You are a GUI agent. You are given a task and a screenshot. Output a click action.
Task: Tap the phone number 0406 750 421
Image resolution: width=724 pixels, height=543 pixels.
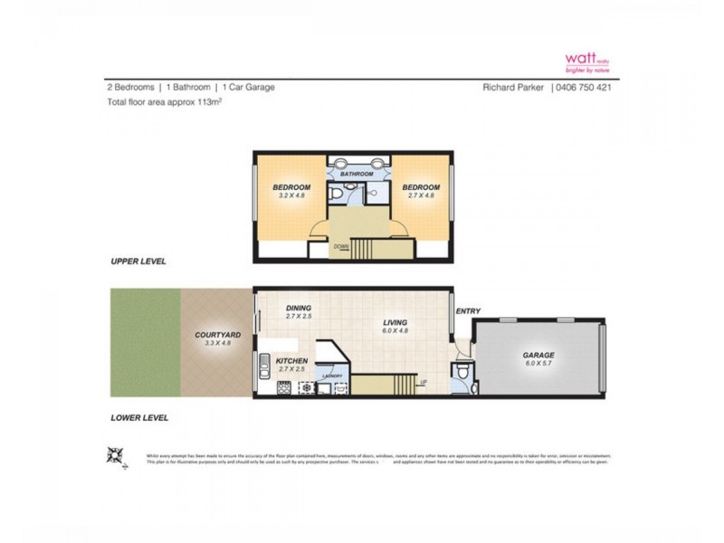586,88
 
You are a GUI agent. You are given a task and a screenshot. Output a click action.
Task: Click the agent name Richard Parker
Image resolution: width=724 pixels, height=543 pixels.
512,88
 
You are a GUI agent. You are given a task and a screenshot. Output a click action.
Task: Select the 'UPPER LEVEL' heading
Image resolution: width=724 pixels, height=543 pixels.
139,261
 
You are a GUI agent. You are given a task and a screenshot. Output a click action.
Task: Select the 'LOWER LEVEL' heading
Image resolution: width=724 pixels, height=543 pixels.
139,418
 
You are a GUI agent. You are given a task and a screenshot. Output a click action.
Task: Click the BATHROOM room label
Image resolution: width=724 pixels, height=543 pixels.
356,174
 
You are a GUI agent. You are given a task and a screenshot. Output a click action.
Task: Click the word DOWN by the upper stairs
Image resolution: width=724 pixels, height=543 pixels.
341,245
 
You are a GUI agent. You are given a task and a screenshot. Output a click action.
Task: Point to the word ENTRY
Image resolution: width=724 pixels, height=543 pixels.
468,312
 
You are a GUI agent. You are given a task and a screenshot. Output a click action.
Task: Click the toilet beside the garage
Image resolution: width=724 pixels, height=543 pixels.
462,373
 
